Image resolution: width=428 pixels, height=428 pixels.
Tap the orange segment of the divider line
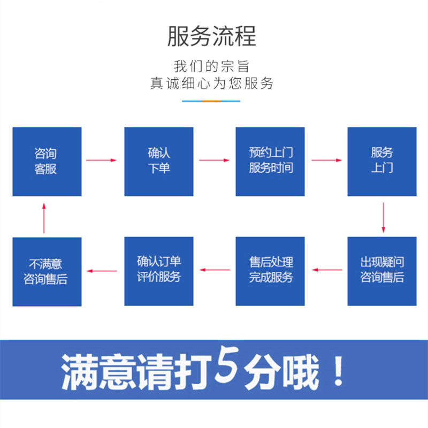[x=211, y=101]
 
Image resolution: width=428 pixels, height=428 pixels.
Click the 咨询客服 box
[x=47, y=162]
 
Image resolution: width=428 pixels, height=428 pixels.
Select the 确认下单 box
[x=159, y=162]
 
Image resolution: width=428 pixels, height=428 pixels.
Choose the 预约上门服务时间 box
[x=270, y=162]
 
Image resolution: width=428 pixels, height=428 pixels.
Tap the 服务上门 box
[x=382, y=162]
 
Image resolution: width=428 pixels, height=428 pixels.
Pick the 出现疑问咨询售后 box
[x=382, y=271]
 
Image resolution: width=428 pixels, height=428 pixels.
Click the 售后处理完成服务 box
[x=270, y=271]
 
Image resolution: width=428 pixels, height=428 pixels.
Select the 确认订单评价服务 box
[x=159, y=271]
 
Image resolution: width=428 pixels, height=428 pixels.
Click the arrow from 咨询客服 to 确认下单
[x=102, y=160]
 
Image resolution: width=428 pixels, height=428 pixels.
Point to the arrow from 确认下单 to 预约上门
[x=214, y=160]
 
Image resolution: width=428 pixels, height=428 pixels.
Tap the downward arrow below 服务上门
[x=383, y=217]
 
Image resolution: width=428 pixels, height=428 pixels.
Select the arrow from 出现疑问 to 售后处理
[x=327, y=270]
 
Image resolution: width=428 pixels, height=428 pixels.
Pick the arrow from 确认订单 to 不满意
[x=102, y=271]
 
